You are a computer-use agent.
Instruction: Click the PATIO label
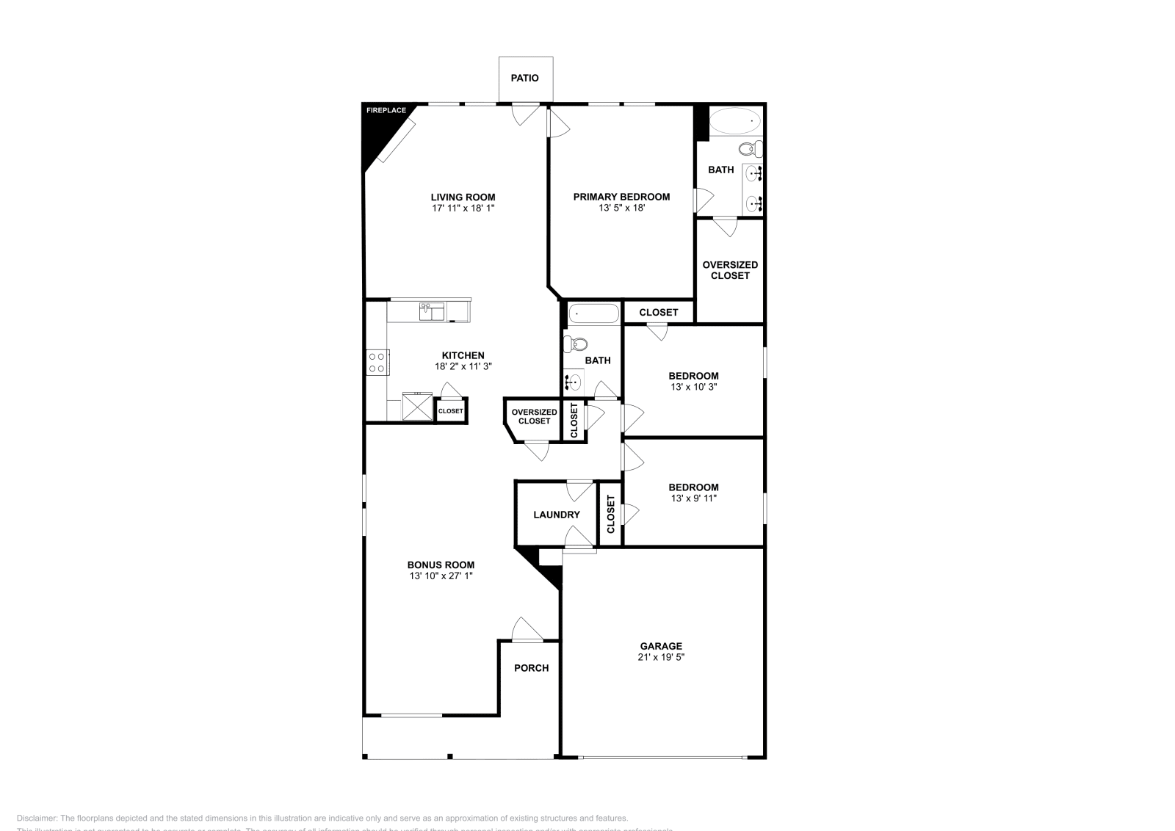[524, 78]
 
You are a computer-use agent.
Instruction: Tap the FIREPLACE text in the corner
[386, 111]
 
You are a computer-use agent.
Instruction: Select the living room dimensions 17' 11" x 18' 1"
[463, 208]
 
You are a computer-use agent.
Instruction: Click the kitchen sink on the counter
[432, 311]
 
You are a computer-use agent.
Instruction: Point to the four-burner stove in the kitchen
[377, 362]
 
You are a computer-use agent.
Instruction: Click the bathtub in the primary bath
[736, 120]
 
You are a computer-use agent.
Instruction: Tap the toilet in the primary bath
[749, 150]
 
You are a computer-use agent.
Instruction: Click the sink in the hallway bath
[574, 382]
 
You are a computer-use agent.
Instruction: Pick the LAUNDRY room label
[556, 515]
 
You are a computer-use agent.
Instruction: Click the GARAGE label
[661, 647]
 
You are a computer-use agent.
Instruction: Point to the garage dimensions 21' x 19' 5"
[661, 658]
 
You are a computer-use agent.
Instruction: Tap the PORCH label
[531, 668]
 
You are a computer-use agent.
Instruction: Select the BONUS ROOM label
[441, 565]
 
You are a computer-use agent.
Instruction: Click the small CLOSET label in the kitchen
[450, 411]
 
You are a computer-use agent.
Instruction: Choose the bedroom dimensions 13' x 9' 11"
[693, 498]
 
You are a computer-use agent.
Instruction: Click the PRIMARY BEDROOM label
[621, 197]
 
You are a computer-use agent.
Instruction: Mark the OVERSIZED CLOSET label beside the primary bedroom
[730, 270]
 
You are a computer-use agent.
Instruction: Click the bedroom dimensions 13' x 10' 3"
[693, 387]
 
